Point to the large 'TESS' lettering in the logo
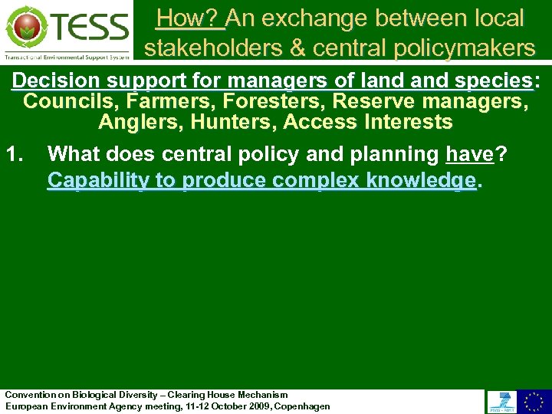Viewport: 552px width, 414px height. tap(90, 28)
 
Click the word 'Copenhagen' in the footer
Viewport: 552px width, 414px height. tap(302, 406)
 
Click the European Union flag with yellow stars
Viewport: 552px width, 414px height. tap(534, 401)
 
